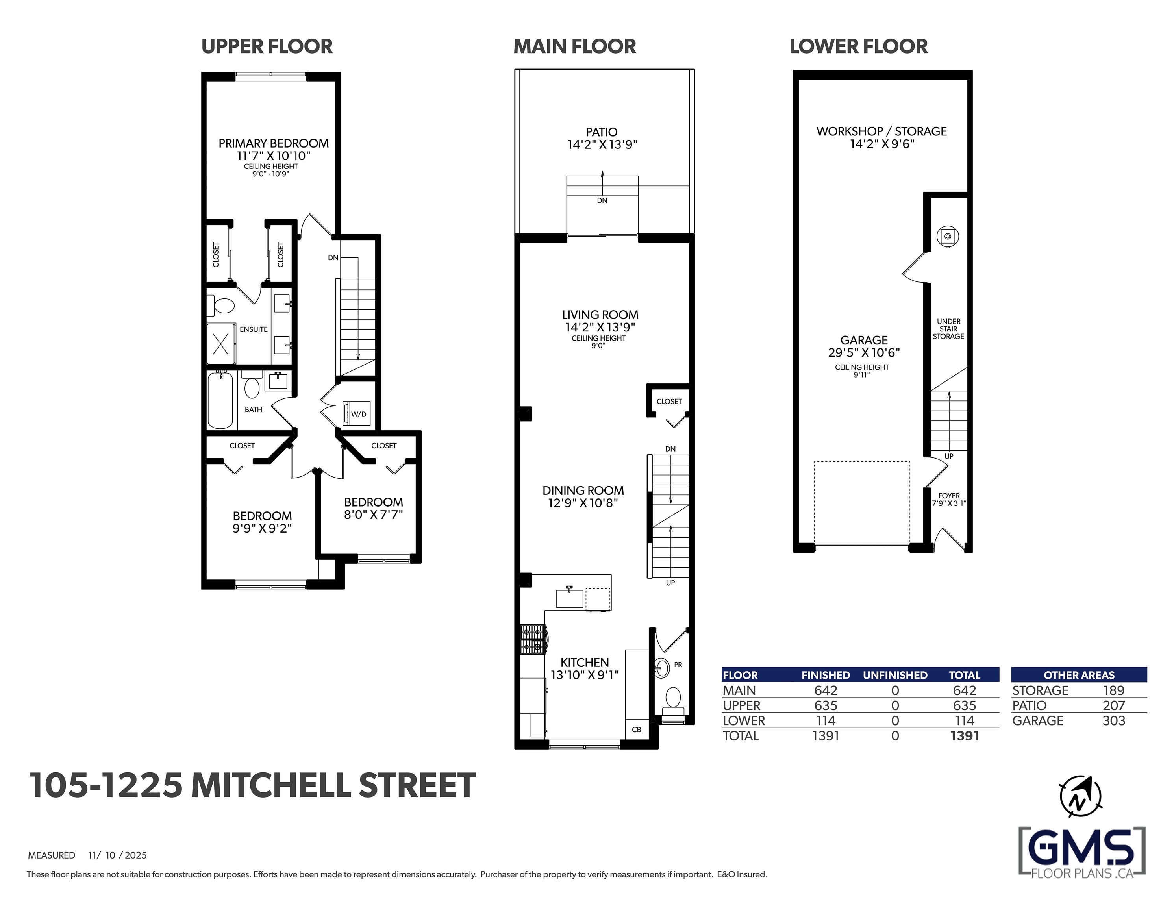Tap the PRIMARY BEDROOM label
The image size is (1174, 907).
tap(274, 143)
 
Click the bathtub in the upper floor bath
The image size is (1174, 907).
tap(220, 400)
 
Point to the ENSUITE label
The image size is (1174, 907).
tap(254, 329)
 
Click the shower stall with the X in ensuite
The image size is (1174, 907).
tap(221, 344)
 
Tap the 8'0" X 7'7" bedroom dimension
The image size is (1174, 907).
tap(374, 514)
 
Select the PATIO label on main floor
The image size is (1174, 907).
tap(602, 132)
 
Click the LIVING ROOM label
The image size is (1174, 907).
tap(600, 315)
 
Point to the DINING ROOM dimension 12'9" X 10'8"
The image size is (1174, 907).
tap(583, 503)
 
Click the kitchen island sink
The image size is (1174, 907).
tap(570, 598)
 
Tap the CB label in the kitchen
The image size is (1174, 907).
tap(637, 729)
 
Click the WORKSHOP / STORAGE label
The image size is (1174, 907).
tap(881, 131)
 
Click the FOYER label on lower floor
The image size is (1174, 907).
tap(949, 496)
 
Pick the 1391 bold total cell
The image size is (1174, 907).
tap(965, 735)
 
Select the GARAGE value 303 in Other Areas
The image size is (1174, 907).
tap(1114, 720)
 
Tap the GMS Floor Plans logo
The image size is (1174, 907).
tap(1082, 853)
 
